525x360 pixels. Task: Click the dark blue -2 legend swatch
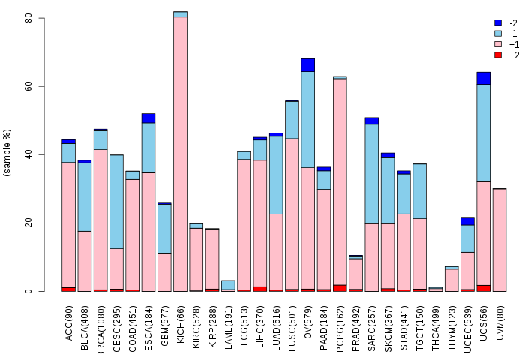[498, 22]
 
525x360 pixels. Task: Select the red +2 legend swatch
[498, 55]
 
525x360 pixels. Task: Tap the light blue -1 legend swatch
[498, 34]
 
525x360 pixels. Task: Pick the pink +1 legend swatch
[498, 44]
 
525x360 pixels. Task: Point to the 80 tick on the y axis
[41, 18]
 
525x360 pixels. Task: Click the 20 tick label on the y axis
[28, 223]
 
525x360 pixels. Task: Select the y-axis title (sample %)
[7, 153]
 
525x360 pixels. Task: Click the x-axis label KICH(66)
[181, 324]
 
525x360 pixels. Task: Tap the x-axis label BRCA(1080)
[100, 331]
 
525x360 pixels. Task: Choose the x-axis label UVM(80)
[499, 322]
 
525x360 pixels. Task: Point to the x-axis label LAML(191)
[228, 327]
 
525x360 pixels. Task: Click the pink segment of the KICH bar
[181, 154]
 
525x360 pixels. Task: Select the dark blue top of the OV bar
[308, 65]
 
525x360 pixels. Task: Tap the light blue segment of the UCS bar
[484, 133]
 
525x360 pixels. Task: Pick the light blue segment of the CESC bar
[116, 202]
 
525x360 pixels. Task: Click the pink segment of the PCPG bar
[340, 181]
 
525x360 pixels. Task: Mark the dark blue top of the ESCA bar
[148, 118]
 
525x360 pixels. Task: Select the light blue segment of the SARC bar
[372, 174]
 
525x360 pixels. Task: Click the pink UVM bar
[499, 240]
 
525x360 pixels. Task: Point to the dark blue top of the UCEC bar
[467, 222]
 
